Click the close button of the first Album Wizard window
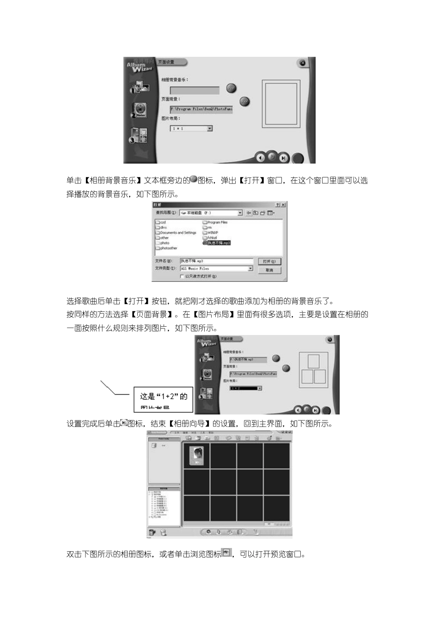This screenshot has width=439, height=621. [302, 63]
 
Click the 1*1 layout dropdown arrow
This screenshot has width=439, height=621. [209, 128]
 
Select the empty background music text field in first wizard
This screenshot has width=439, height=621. [195, 91]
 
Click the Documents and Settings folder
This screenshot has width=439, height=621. [178, 232]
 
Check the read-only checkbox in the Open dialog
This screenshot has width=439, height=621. [182, 276]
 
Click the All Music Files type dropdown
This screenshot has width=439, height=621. [216, 268]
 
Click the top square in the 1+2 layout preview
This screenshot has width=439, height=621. [314, 361]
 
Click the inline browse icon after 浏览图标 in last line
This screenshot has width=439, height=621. [226, 553]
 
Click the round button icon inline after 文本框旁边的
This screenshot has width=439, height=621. [194, 179]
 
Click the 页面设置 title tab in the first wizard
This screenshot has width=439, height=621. [171, 62]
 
